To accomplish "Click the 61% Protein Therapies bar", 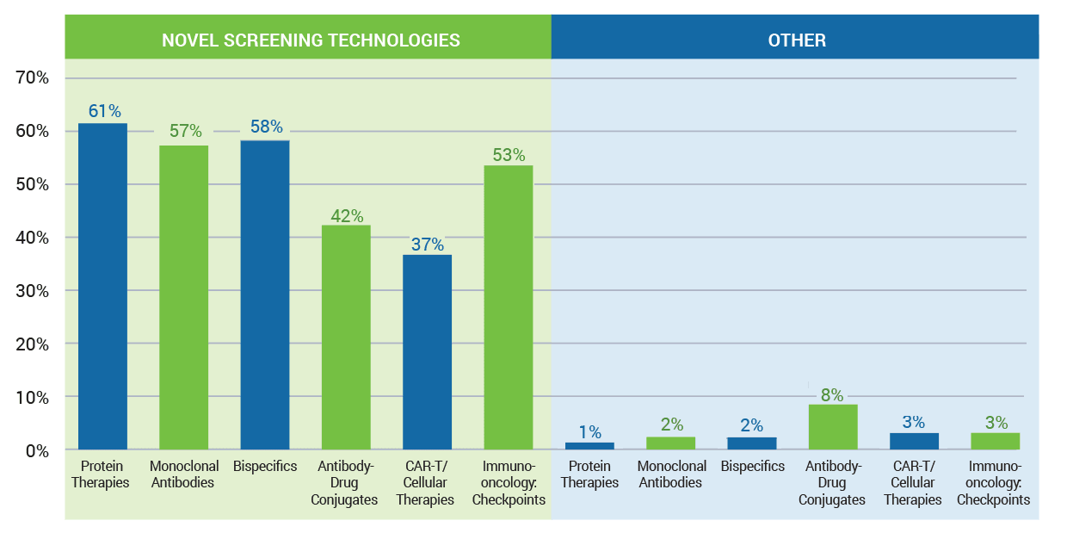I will click(102, 286).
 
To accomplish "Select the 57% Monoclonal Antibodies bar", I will click(183, 297).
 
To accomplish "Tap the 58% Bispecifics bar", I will click(264, 294).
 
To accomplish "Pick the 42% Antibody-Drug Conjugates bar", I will click(346, 337).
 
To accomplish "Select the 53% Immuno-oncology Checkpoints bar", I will click(508, 307).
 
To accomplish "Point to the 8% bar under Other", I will click(832, 427).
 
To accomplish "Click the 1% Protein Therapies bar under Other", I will click(589, 446).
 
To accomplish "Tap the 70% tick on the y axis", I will click(33, 78).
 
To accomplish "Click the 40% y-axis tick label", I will click(33, 238).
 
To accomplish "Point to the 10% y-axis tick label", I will click(33, 398).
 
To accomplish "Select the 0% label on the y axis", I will click(37, 450).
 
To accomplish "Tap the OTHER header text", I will click(797, 40).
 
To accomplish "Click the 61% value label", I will click(103, 110).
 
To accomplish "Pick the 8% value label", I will click(833, 395).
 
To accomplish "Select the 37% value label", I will click(428, 244).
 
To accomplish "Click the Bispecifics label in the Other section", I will click(753, 466).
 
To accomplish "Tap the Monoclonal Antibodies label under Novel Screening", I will click(184, 474).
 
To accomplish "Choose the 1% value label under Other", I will click(589, 431).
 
